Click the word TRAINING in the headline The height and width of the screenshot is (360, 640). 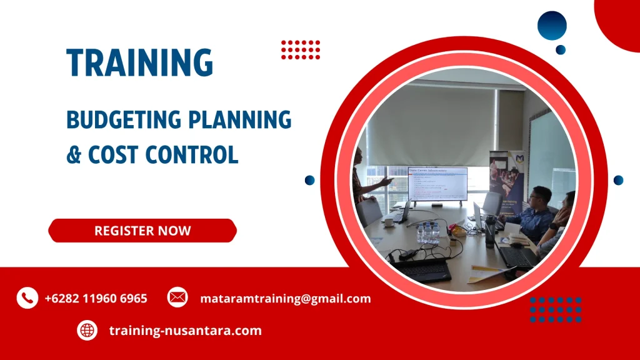coord(140,62)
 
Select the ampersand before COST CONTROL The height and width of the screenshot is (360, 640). coord(74,154)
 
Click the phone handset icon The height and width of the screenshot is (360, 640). coord(27,298)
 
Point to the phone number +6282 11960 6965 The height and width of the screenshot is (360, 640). coord(96,299)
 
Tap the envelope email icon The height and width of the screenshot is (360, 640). coord(177,298)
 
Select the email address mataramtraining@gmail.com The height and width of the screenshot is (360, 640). coord(285,299)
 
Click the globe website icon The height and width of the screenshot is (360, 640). coord(87,330)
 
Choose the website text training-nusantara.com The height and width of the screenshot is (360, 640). coord(185,331)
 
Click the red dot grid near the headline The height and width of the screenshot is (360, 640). coord(301,49)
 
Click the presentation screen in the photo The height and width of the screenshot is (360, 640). coord(437,184)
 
